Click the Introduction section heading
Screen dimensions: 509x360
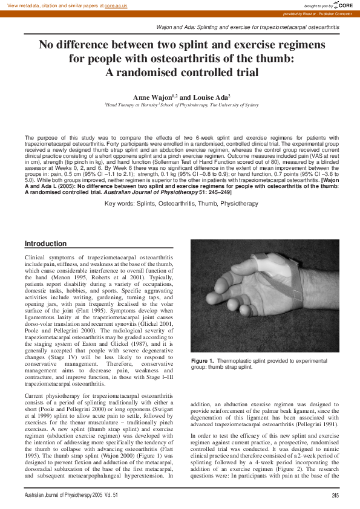tap(45, 244)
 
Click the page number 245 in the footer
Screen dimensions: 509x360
tap(335, 496)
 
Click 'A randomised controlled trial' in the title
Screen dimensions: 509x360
tap(182, 73)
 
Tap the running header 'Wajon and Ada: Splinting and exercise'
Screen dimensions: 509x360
tap(248, 28)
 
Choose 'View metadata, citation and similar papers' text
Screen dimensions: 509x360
tap(51, 5)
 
